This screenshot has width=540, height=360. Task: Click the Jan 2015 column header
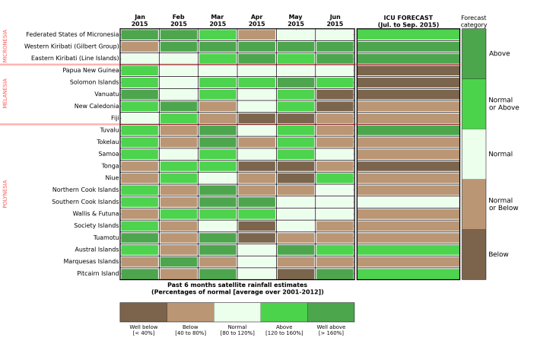click(x=139, y=20)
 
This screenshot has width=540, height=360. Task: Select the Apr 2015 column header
click(x=256, y=20)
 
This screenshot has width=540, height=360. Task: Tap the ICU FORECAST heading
click(x=408, y=20)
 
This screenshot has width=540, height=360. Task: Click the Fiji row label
click(x=114, y=118)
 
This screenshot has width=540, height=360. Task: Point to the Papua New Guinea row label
click(x=91, y=70)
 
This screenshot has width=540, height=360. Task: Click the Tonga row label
click(x=110, y=166)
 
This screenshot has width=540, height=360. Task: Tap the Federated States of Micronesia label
click(x=72, y=34)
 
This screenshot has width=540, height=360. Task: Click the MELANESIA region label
click(x=5, y=94)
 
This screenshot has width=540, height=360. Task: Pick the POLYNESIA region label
click(x=5, y=194)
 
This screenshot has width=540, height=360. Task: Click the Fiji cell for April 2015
click(x=256, y=118)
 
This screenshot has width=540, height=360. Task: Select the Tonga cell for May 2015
click(x=295, y=166)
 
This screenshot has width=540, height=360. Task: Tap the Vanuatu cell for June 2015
click(x=335, y=94)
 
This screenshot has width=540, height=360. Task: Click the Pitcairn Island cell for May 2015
click(x=295, y=273)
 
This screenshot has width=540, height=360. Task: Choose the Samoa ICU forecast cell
click(x=408, y=154)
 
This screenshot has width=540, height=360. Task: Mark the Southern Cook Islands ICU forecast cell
click(x=408, y=202)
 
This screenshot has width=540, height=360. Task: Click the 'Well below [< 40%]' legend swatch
click(x=143, y=312)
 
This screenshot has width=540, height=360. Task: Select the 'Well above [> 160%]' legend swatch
click(x=330, y=312)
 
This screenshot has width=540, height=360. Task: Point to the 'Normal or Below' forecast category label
click(x=500, y=204)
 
